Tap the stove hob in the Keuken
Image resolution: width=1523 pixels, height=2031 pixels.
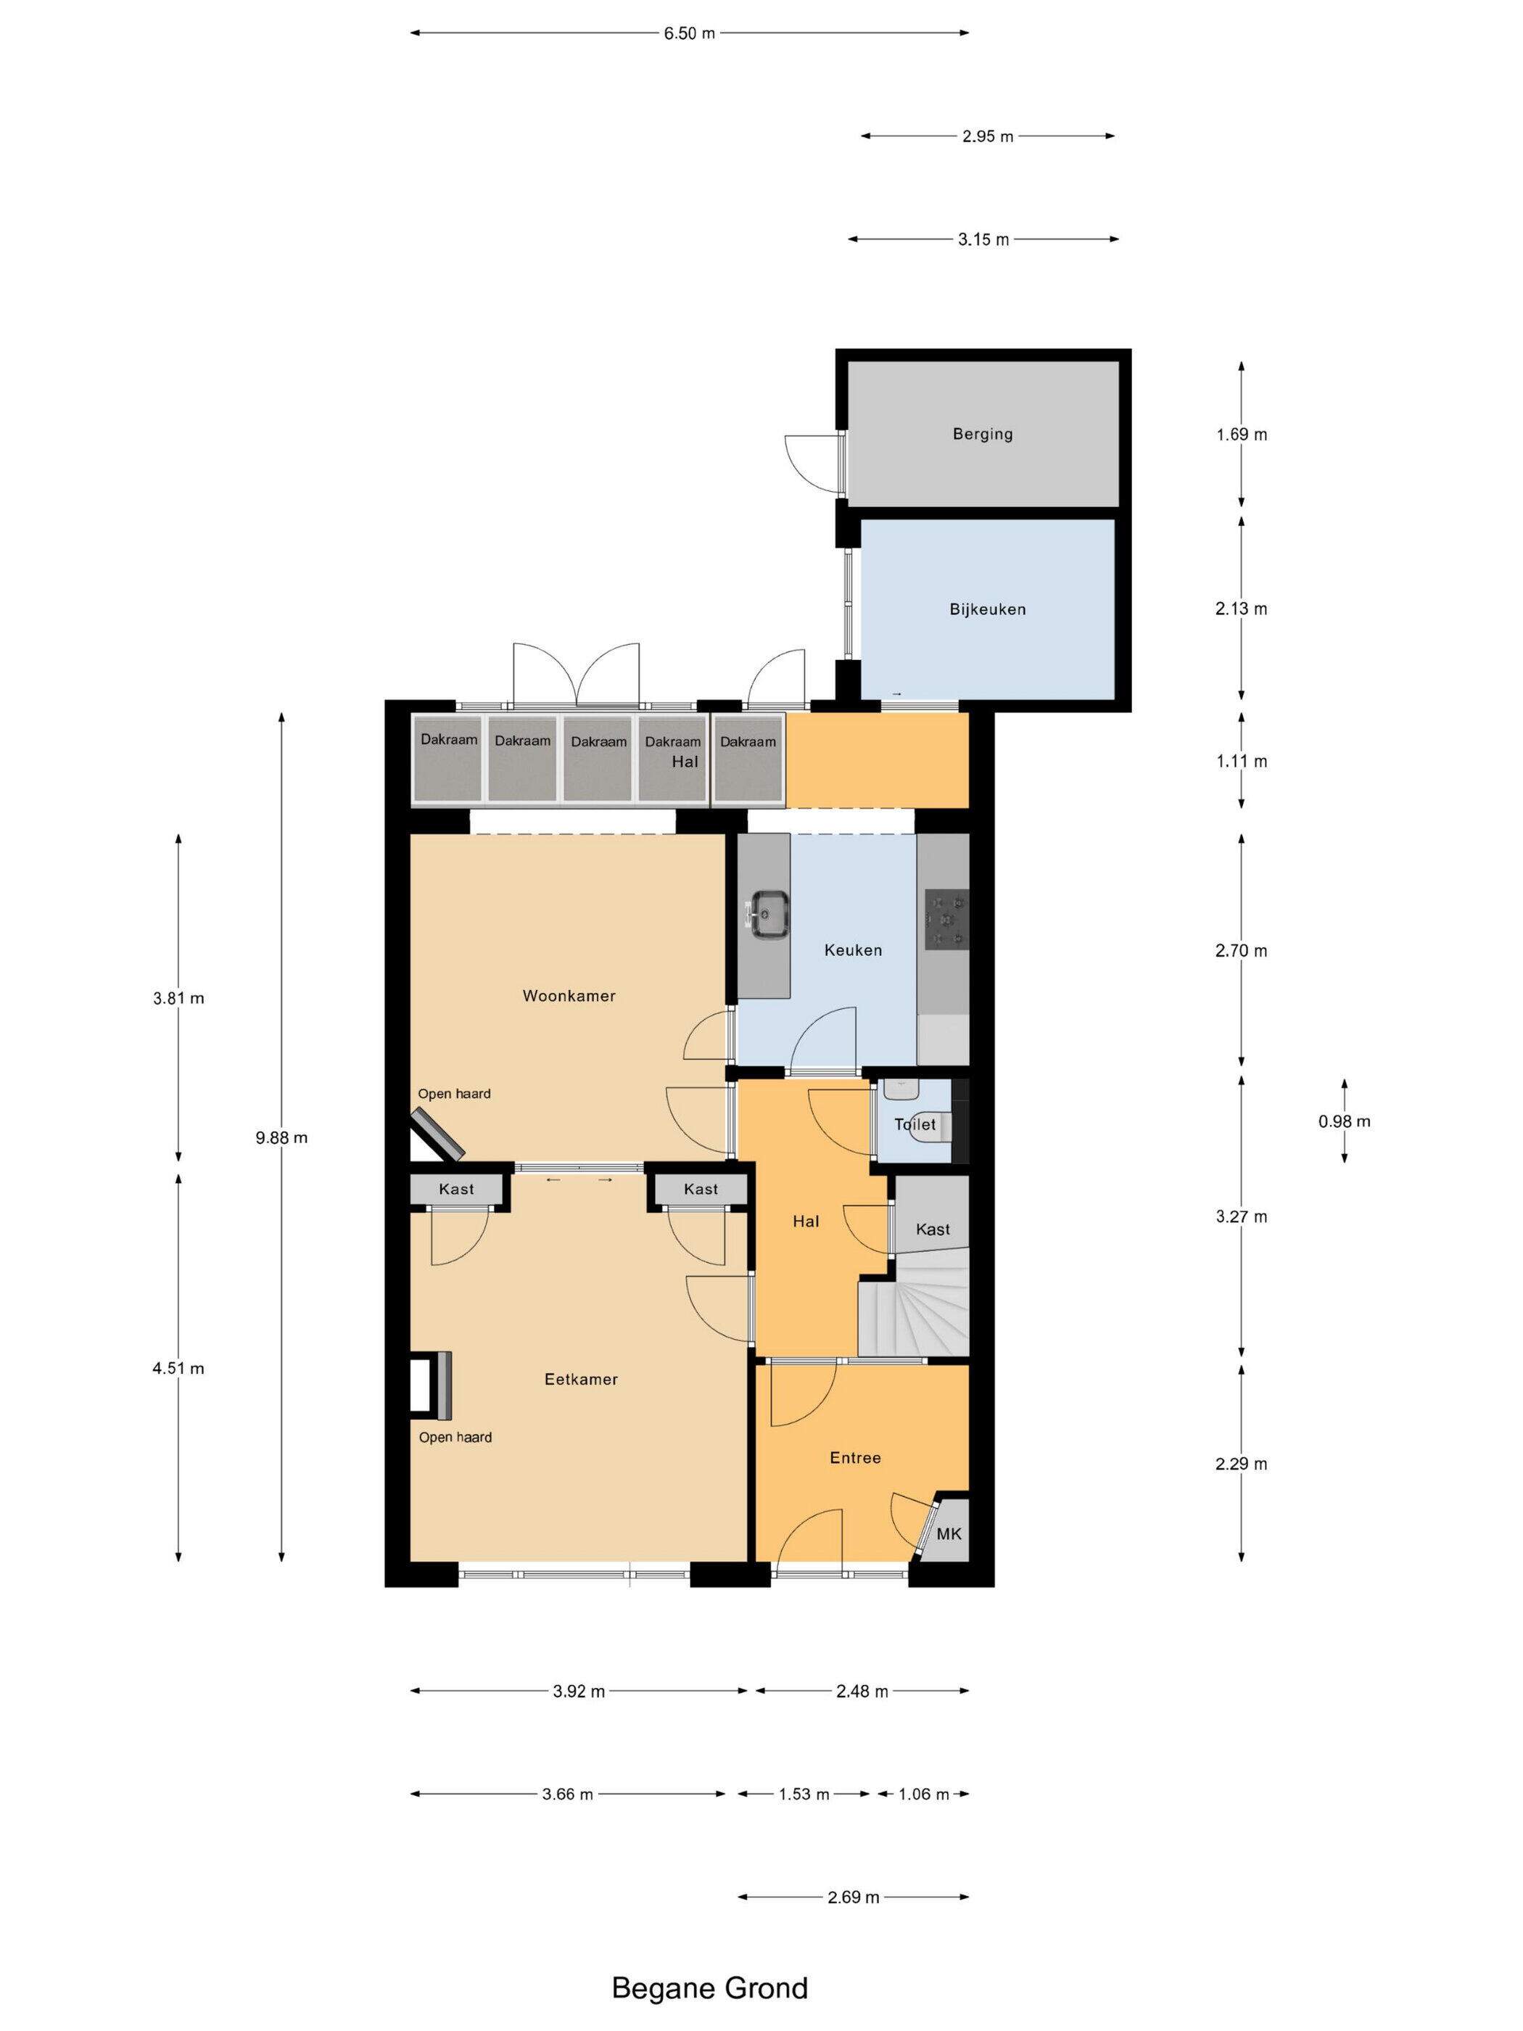(x=945, y=918)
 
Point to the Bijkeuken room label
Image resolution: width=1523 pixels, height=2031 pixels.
(x=987, y=609)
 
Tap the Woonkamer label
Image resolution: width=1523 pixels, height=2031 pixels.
(x=569, y=995)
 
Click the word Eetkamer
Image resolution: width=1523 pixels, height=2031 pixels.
(x=580, y=1379)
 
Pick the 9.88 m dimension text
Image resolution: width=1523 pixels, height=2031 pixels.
(x=281, y=1137)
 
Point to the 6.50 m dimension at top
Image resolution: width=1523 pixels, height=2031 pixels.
(x=688, y=33)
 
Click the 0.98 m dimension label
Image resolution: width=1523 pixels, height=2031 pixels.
(x=1343, y=1121)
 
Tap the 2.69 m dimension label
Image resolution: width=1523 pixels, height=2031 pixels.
(x=853, y=1897)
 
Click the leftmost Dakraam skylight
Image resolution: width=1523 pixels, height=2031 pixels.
(x=448, y=759)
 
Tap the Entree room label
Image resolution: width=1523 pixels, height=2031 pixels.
(x=854, y=1457)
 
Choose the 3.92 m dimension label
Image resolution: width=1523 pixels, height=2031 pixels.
(x=578, y=1692)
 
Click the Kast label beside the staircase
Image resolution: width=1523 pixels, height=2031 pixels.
(x=932, y=1229)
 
